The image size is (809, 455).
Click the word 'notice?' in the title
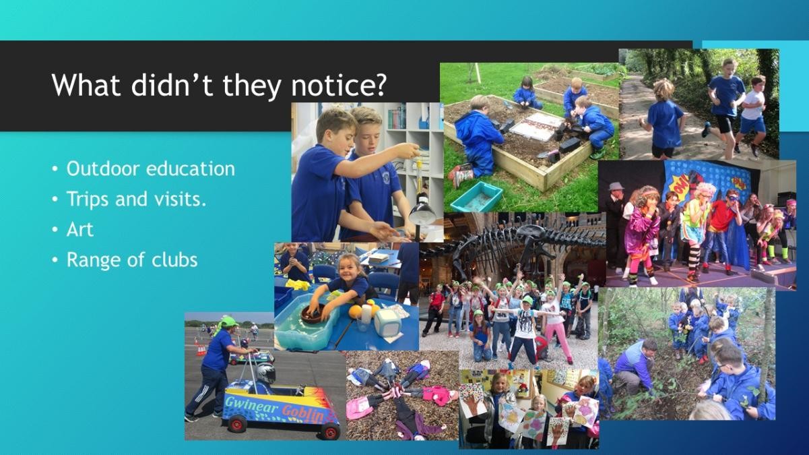point(339,86)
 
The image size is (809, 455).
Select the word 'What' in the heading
point(86,84)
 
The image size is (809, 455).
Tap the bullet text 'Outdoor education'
point(151,169)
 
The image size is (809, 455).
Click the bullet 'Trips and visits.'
point(137,199)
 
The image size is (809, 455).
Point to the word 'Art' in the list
point(79,229)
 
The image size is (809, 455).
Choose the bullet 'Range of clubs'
point(132,260)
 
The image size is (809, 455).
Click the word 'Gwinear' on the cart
point(252,404)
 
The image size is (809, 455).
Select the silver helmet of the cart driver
point(265,373)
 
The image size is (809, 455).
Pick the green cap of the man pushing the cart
point(228,322)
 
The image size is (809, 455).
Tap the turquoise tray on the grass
point(476,197)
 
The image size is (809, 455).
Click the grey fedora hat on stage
point(616,187)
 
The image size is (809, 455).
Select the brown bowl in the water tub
point(313,313)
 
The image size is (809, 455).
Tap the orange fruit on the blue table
point(356,311)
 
